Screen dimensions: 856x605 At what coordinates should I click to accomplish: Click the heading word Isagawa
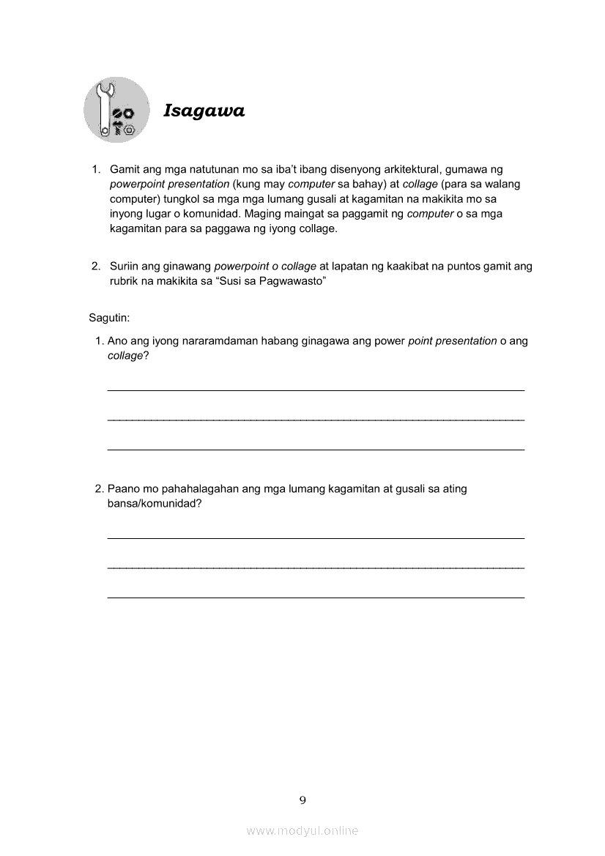pyautogui.click(x=204, y=111)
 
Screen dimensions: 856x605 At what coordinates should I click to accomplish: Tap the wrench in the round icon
pyautogui.click(x=103, y=110)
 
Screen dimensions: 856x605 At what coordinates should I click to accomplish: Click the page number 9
pyautogui.click(x=302, y=800)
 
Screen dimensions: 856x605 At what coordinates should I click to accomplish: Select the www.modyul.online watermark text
pyautogui.click(x=302, y=830)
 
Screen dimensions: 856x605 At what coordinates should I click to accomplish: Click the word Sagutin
pyautogui.click(x=109, y=318)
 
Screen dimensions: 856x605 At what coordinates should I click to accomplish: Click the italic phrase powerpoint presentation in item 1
pyautogui.click(x=169, y=184)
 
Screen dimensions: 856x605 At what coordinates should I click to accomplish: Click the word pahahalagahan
pyautogui.click(x=176, y=489)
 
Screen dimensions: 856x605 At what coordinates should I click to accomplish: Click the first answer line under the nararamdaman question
pyautogui.click(x=316, y=390)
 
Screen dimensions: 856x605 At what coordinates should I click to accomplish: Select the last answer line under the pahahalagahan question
pyautogui.click(x=316, y=598)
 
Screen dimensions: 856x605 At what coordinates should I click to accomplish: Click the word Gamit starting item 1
pyautogui.click(x=125, y=169)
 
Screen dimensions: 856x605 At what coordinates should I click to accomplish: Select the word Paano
pyautogui.click(x=122, y=489)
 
